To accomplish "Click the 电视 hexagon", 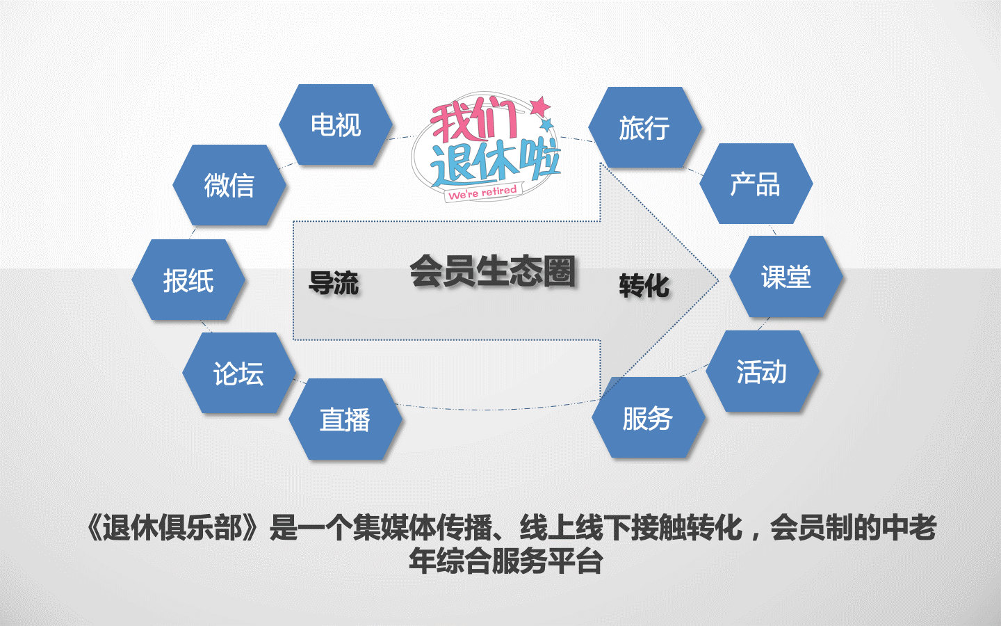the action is click(x=336, y=125).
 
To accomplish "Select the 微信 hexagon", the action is click(x=229, y=185).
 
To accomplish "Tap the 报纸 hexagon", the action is click(x=188, y=280).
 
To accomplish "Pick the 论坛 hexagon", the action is click(x=239, y=374).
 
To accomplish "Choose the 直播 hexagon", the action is click(x=345, y=419).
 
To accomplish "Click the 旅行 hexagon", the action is click(x=645, y=128).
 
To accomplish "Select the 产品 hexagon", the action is click(x=756, y=184).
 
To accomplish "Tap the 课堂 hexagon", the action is click(x=786, y=277).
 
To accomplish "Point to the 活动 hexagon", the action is click(x=763, y=371).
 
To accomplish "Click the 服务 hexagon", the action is click(x=648, y=418).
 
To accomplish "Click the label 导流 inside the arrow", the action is click(x=334, y=284).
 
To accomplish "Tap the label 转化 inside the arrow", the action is click(x=644, y=285).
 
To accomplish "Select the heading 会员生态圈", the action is click(x=492, y=271).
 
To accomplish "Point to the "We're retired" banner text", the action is click(x=483, y=192).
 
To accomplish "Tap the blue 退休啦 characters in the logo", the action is click(x=495, y=162).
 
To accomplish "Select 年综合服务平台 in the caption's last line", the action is click(x=505, y=561).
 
